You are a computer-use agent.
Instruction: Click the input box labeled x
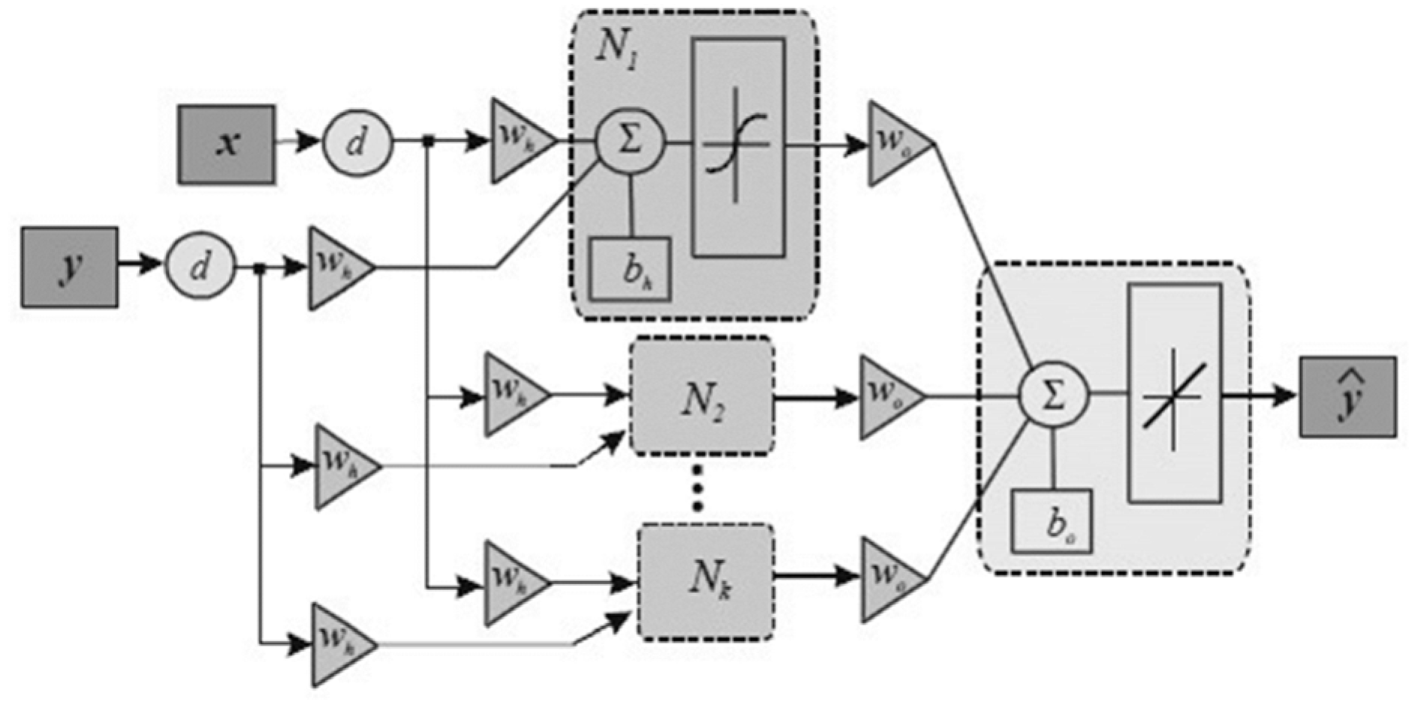point(226,144)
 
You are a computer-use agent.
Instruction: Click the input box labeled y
point(69,267)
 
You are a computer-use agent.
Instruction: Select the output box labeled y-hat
point(1347,397)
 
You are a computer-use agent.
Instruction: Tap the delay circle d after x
point(357,142)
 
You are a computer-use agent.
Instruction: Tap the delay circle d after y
point(200,266)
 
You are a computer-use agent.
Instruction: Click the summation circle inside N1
point(630,141)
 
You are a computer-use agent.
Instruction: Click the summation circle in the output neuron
point(1052,395)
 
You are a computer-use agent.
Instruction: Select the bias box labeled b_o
point(1051,522)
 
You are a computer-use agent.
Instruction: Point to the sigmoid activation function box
point(739,148)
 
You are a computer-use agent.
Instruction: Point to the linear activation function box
point(1175,393)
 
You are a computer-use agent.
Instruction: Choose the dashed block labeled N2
point(703,396)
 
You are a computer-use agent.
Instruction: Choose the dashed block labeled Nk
point(706,582)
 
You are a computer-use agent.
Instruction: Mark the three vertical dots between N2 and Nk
point(697,488)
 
